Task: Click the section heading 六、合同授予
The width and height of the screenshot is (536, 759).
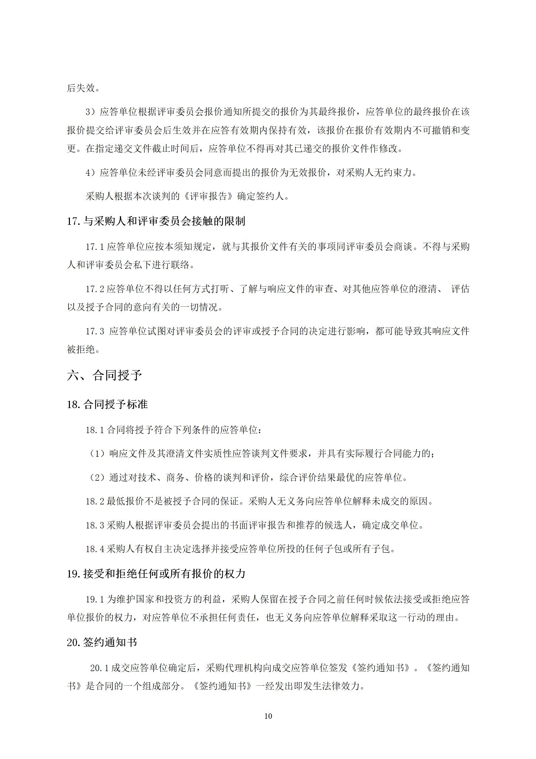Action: coord(104,376)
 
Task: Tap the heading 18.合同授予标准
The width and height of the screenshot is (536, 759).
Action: coord(107,404)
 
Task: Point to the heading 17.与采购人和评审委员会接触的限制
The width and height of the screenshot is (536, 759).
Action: coord(156,221)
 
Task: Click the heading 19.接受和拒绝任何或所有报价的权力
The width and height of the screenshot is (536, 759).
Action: coord(156,574)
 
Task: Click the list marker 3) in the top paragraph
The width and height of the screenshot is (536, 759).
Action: coord(91,112)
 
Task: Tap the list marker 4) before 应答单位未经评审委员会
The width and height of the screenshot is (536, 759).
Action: coord(91,173)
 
